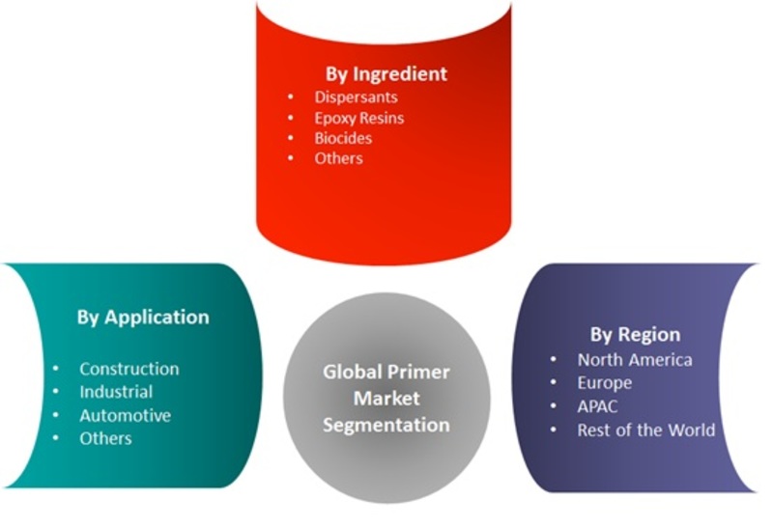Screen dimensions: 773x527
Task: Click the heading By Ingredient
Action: [x=386, y=74]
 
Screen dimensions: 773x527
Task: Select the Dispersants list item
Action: [x=356, y=97]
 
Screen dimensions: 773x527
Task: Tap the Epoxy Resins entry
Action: [x=359, y=118]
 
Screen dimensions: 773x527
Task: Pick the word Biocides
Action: [x=343, y=138]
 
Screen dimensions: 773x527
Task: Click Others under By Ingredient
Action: [x=339, y=158]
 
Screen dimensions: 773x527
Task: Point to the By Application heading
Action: [x=143, y=318]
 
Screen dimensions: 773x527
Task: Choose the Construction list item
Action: [x=129, y=369]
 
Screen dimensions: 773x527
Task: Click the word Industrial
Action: [x=116, y=392]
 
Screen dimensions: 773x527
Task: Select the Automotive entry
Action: [x=126, y=416]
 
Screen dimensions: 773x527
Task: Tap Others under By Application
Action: [x=105, y=438]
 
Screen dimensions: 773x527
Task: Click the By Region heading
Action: [x=635, y=335]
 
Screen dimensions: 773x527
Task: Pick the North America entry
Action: [x=635, y=360]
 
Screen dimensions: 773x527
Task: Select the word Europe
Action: [x=605, y=383]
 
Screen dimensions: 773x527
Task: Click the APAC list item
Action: [x=597, y=406]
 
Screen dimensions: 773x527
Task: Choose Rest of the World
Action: [x=646, y=430]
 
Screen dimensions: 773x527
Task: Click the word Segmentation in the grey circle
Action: [x=386, y=425]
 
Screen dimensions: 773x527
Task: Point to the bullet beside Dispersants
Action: [x=291, y=97]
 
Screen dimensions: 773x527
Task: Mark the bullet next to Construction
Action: [x=55, y=369]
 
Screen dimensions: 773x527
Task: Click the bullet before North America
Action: [x=553, y=360]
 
